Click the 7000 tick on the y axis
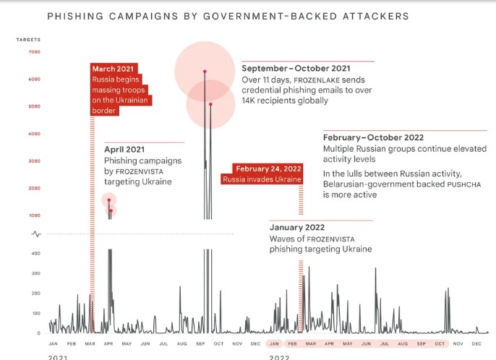click(35, 52)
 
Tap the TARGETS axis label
click(28, 38)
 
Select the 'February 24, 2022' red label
click(262, 168)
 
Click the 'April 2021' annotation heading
click(125, 150)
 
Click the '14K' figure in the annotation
click(250, 100)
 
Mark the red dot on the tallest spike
click(205, 72)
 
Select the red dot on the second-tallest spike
click(210, 104)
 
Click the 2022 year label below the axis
click(279, 357)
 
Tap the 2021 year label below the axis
click(59, 357)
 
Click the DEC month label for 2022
click(477, 343)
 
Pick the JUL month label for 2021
click(163, 343)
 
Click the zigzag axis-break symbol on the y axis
click(35, 233)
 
